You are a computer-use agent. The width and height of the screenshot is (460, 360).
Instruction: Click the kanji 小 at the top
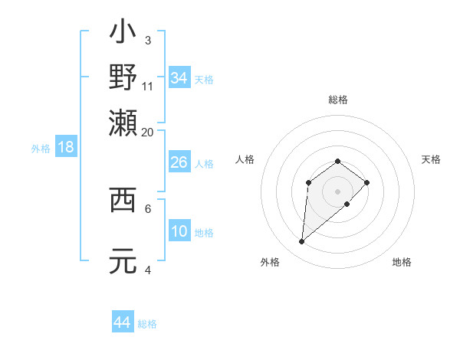[123, 34]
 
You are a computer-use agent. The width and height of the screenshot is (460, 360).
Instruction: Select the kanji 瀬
[123, 120]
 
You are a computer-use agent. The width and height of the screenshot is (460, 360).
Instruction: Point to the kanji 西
[123, 200]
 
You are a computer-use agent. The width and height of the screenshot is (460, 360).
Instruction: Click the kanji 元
[123, 260]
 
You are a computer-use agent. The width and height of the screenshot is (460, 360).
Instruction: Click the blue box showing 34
[179, 78]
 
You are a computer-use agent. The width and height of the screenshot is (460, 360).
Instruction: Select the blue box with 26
[179, 162]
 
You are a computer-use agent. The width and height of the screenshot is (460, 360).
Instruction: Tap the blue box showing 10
[179, 232]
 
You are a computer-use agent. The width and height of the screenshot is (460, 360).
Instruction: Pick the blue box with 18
[66, 148]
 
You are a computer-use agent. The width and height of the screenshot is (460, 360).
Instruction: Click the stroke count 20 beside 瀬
[148, 131]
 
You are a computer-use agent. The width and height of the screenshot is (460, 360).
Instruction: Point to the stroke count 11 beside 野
[148, 86]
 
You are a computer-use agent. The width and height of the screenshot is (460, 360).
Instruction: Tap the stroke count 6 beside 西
[148, 208]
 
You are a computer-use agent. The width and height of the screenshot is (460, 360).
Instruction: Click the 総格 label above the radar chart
[338, 100]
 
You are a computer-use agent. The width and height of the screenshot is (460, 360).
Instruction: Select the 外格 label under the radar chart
[270, 262]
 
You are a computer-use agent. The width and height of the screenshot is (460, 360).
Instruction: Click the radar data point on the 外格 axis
[302, 242]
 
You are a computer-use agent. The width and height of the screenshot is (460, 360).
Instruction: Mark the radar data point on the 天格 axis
[367, 182]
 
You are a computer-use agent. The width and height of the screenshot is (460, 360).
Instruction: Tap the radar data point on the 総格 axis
[338, 161]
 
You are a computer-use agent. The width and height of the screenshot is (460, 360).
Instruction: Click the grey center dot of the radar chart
[338, 191]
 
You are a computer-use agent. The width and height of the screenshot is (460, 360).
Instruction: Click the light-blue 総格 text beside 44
[147, 324]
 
